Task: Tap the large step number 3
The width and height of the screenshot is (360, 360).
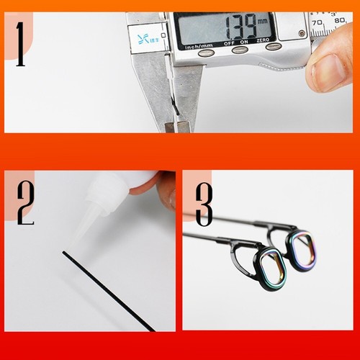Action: click(204, 204)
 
